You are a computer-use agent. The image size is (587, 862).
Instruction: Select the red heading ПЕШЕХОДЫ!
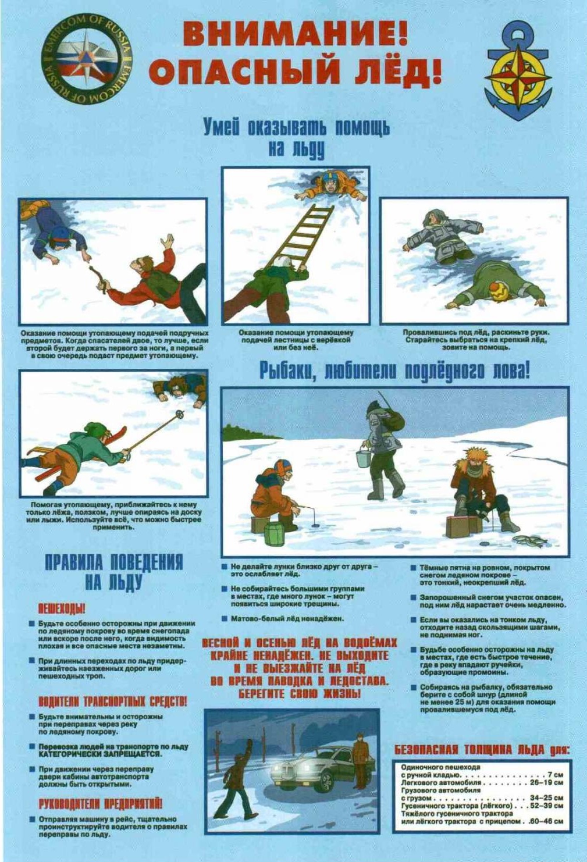coord(61,609)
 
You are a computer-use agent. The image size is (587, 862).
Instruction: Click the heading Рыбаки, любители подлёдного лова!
coord(394,372)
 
